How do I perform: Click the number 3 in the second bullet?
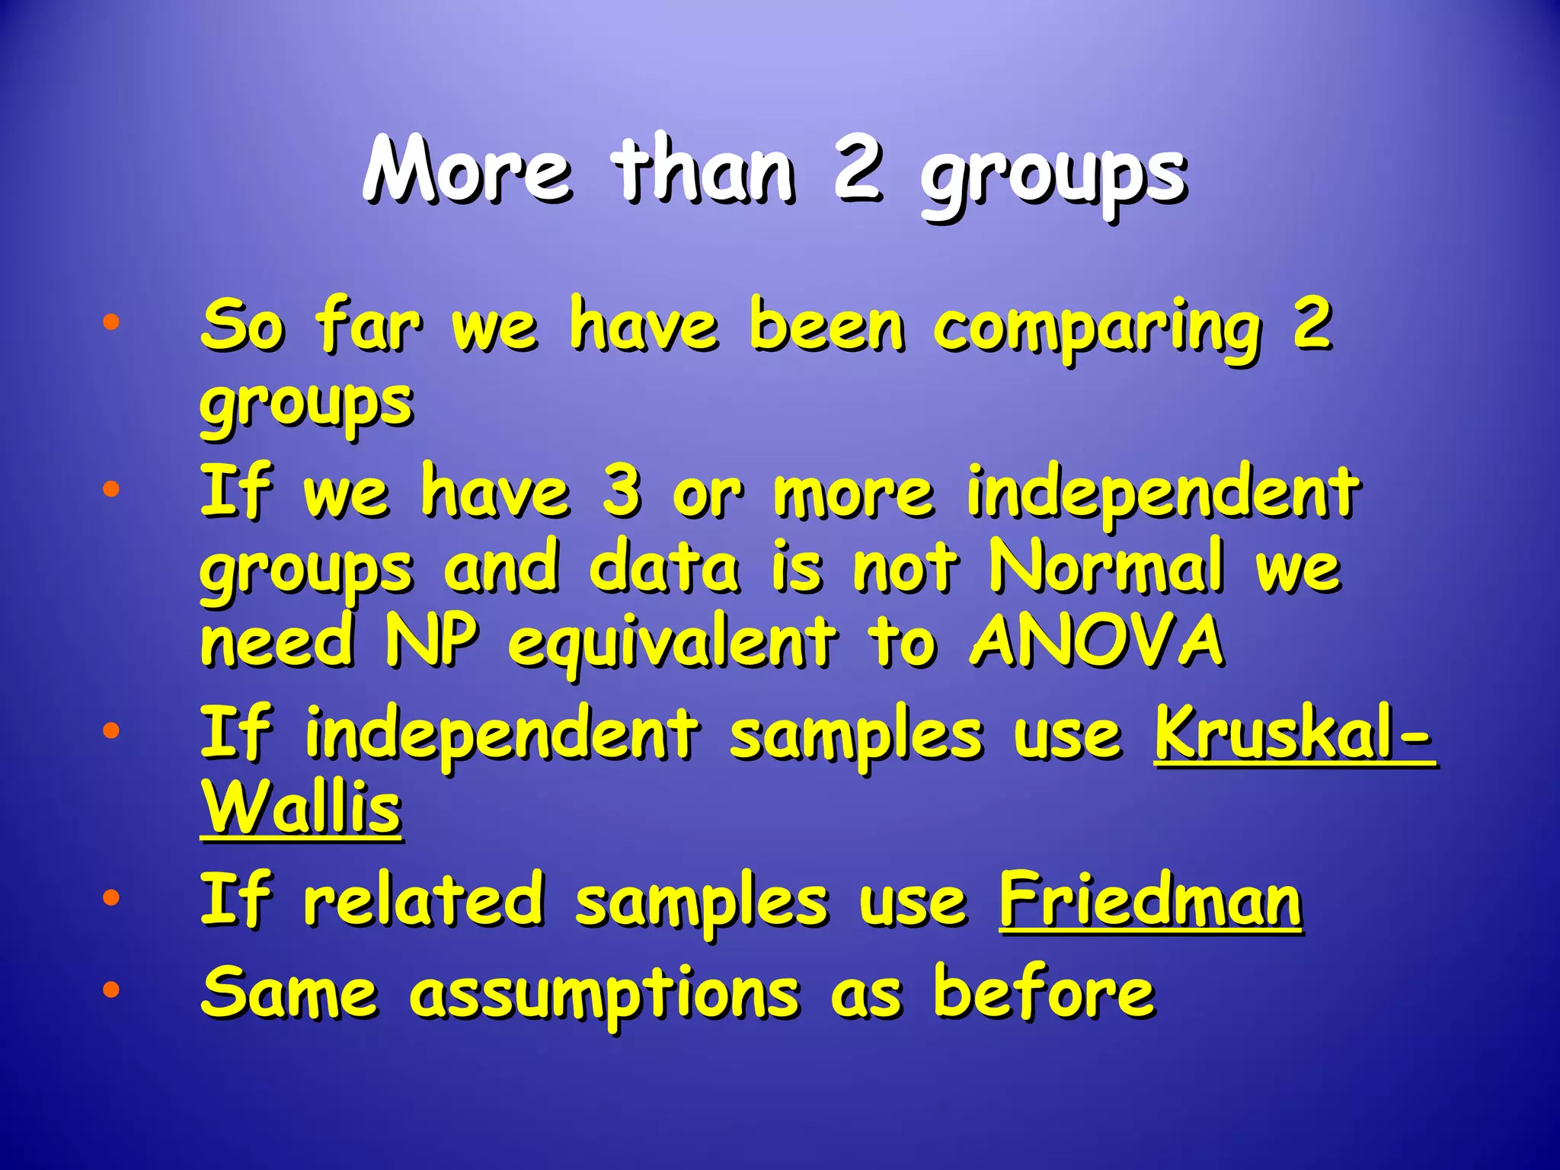click(x=622, y=493)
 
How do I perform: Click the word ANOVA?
click(x=1097, y=641)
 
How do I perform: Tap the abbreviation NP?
click(x=432, y=641)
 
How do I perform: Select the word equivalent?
click(x=672, y=644)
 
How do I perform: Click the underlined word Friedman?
click(x=1150, y=901)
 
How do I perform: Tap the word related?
click(x=424, y=901)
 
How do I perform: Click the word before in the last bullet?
click(x=1044, y=992)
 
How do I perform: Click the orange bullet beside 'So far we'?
click(x=111, y=322)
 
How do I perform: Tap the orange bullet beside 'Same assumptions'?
click(x=111, y=989)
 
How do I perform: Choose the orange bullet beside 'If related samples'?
click(x=111, y=897)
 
